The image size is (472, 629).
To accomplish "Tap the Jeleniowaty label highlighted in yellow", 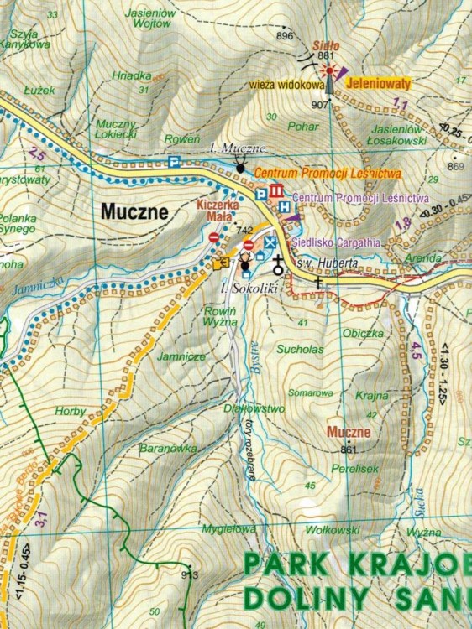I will pyautogui.click(x=381, y=85).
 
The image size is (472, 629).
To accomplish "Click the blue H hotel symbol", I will pyautogui.click(x=284, y=206).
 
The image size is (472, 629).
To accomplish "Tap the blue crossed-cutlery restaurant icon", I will pyautogui.click(x=269, y=242).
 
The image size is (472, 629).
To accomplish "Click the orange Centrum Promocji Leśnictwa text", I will pyautogui.click(x=328, y=173).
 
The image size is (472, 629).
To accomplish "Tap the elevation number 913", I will pyautogui.click(x=190, y=575).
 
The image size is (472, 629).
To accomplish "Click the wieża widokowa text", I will pyautogui.click(x=286, y=85).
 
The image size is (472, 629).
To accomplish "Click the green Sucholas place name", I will pyautogui.click(x=305, y=348).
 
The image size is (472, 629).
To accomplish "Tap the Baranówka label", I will pyautogui.click(x=168, y=450).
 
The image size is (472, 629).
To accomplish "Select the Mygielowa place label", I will pyautogui.click(x=228, y=529).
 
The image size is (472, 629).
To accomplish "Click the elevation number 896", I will pyautogui.click(x=285, y=35).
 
